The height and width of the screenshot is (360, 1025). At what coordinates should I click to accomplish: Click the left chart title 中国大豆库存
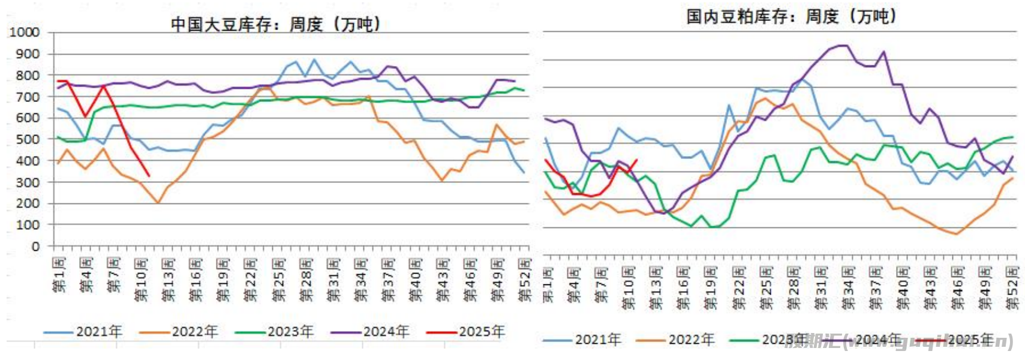275,25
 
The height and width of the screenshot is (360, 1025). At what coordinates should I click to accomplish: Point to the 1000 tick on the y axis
25,32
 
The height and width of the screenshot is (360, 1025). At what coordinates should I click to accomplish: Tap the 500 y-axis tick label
28,139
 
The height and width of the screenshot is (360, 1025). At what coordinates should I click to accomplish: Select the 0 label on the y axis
35,246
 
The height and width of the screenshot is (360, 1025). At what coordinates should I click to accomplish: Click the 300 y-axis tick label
28,182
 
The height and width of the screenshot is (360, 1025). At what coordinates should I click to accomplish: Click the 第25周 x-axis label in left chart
278,279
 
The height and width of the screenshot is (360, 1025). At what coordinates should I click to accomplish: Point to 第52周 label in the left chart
524,279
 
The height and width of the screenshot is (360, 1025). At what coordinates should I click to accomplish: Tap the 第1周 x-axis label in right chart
548,285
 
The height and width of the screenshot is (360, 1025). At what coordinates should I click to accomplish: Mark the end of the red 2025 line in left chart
149,176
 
